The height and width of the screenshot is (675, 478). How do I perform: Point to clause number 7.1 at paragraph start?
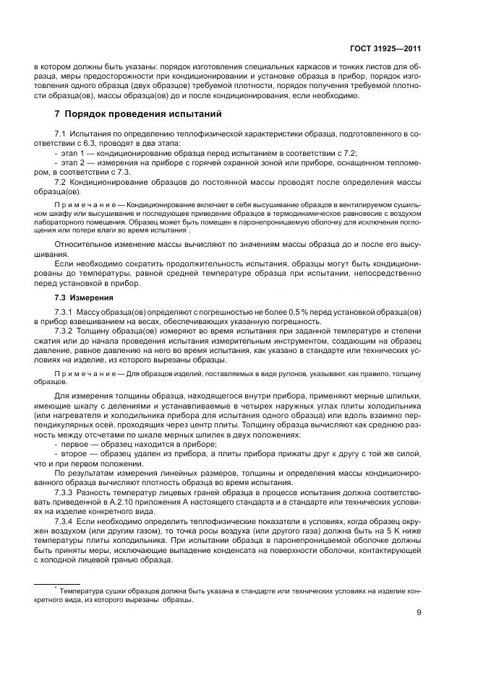tap(60, 135)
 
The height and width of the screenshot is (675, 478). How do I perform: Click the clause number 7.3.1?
tap(64, 311)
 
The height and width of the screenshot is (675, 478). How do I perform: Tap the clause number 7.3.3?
tap(64, 492)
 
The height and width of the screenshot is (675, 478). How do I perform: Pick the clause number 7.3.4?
tap(64, 520)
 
